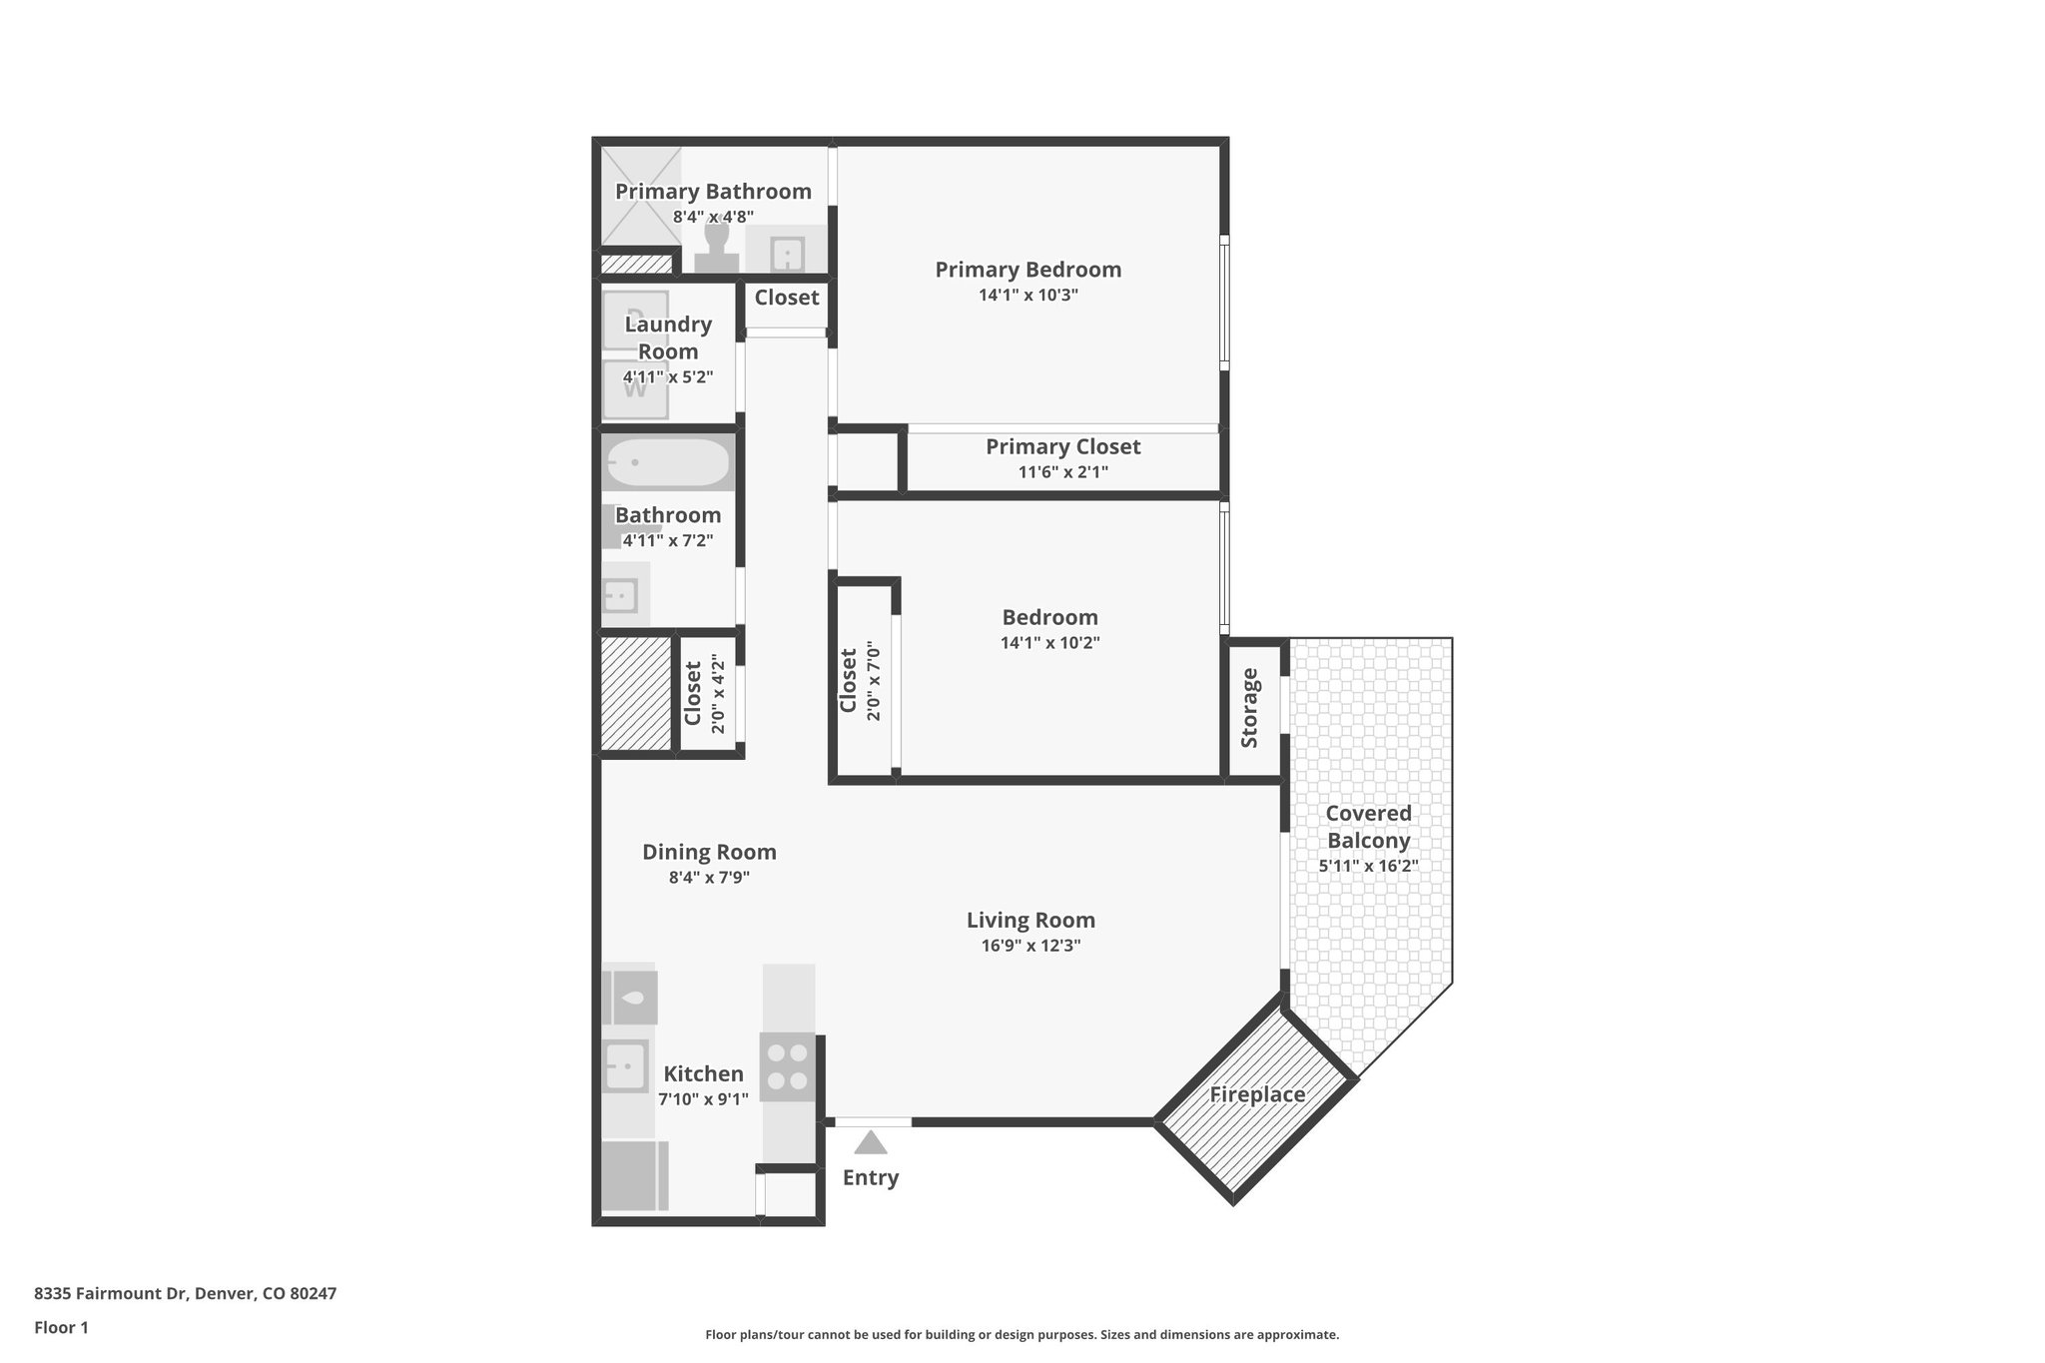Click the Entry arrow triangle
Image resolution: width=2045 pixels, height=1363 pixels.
coord(871,1142)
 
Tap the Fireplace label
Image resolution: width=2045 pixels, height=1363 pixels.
coord(1257,1094)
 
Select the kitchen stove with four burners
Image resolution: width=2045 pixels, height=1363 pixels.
coord(787,1066)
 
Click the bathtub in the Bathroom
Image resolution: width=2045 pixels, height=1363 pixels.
coord(668,463)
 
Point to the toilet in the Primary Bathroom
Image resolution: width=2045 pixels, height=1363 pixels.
coord(716,248)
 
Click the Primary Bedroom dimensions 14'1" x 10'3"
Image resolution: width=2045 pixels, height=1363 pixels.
coord(1028,296)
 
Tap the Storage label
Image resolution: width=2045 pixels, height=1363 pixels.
coord(1249,708)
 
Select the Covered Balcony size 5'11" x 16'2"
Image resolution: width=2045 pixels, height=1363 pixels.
coord(1368,866)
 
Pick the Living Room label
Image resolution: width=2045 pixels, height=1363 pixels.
coord(1030,920)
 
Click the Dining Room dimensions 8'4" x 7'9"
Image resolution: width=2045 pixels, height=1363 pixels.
coord(709,878)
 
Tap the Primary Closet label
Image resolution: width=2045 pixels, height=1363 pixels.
coord(1062,446)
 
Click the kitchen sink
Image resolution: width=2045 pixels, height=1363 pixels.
coord(625,1066)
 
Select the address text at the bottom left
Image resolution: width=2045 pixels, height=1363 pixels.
coord(186,1294)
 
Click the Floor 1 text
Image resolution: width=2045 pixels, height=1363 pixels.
coord(62,1327)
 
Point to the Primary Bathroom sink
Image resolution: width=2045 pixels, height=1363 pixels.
coord(788,254)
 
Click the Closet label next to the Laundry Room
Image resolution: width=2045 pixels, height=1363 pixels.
coord(786,298)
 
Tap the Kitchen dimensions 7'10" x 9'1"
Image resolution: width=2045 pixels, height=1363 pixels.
coord(703,1099)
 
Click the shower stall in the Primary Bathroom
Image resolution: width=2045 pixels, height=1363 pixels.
coord(640,197)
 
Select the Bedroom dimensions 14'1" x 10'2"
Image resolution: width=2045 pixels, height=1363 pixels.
coord(1049,643)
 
